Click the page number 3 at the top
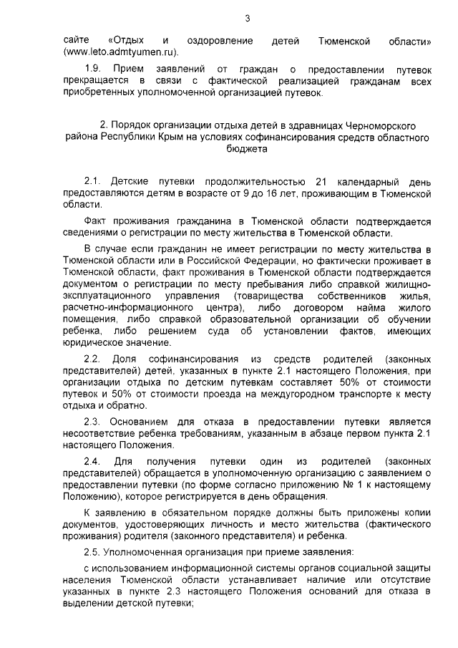point(247,18)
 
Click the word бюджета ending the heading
point(246,150)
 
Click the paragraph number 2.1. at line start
point(94,181)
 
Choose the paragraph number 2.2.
point(94,357)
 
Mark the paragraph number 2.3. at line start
point(94,422)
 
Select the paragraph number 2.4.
point(94,461)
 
